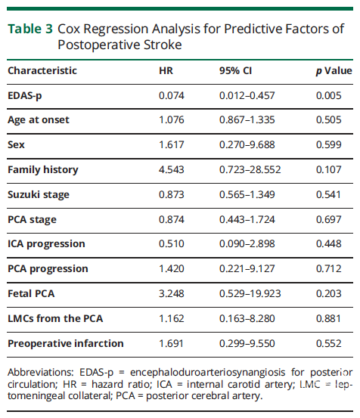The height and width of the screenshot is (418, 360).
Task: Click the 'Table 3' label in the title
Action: click(x=30, y=29)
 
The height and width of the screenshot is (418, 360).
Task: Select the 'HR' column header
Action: click(x=166, y=70)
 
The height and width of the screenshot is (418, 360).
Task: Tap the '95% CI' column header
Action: click(x=235, y=70)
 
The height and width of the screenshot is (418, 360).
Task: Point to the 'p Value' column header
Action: click(x=334, y=71)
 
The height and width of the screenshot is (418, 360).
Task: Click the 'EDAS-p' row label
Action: click(x=25, y=96)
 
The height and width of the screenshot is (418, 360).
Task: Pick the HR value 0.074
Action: click(x=172, y=95)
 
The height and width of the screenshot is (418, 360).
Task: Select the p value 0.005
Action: click(x=328, y=95)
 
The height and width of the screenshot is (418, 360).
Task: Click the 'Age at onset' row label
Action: click(x=39, y=120)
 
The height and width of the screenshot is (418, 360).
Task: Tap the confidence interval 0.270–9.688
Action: click(x=247, y=145)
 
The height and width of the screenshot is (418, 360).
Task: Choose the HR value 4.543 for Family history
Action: click(x=172, y=169)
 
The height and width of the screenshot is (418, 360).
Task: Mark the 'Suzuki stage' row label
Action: click(x=39, y=195)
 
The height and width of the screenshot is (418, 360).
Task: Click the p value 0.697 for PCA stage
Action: click(x=328, y=219)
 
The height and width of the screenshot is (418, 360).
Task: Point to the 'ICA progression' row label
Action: click(x=46, y=244)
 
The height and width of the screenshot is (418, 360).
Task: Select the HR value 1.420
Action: click(x=172, y=268)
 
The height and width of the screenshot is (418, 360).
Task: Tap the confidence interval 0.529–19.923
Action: click(x=250, y=293)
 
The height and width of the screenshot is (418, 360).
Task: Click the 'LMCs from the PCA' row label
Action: click(x=55, y=318)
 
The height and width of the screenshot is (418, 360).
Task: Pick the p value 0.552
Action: click(x=328, y=343)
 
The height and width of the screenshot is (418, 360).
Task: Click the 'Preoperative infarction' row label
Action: click(x=66, y=344)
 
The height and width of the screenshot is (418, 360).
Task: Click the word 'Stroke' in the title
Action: click(x=163, y=45)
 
